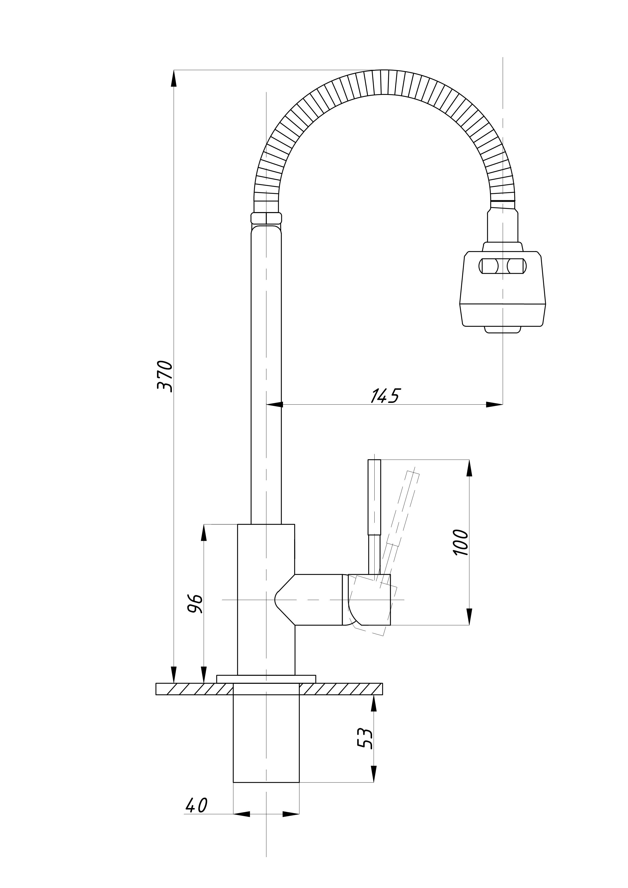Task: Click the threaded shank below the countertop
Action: tap(266, 738)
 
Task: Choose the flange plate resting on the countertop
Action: tap(266, 679)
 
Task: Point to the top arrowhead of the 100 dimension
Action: tap(469, 468)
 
